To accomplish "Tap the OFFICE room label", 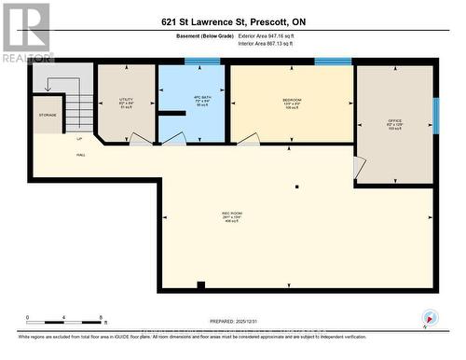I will coord(394,122).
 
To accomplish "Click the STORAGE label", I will coord(48,116).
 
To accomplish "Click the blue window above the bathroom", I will coord(201,62).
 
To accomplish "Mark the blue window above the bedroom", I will coord(333,62).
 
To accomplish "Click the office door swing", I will coord(359,168).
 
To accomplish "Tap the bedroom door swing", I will coord(248,138).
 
